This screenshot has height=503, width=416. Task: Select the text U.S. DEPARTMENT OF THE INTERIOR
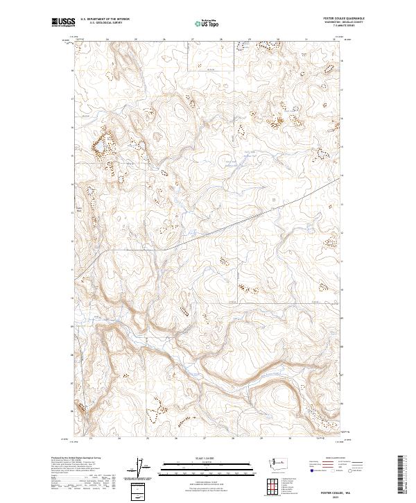click(105, 19)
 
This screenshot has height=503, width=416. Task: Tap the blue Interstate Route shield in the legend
click(307, 470)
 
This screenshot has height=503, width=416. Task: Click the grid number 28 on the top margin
click(220, 39)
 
